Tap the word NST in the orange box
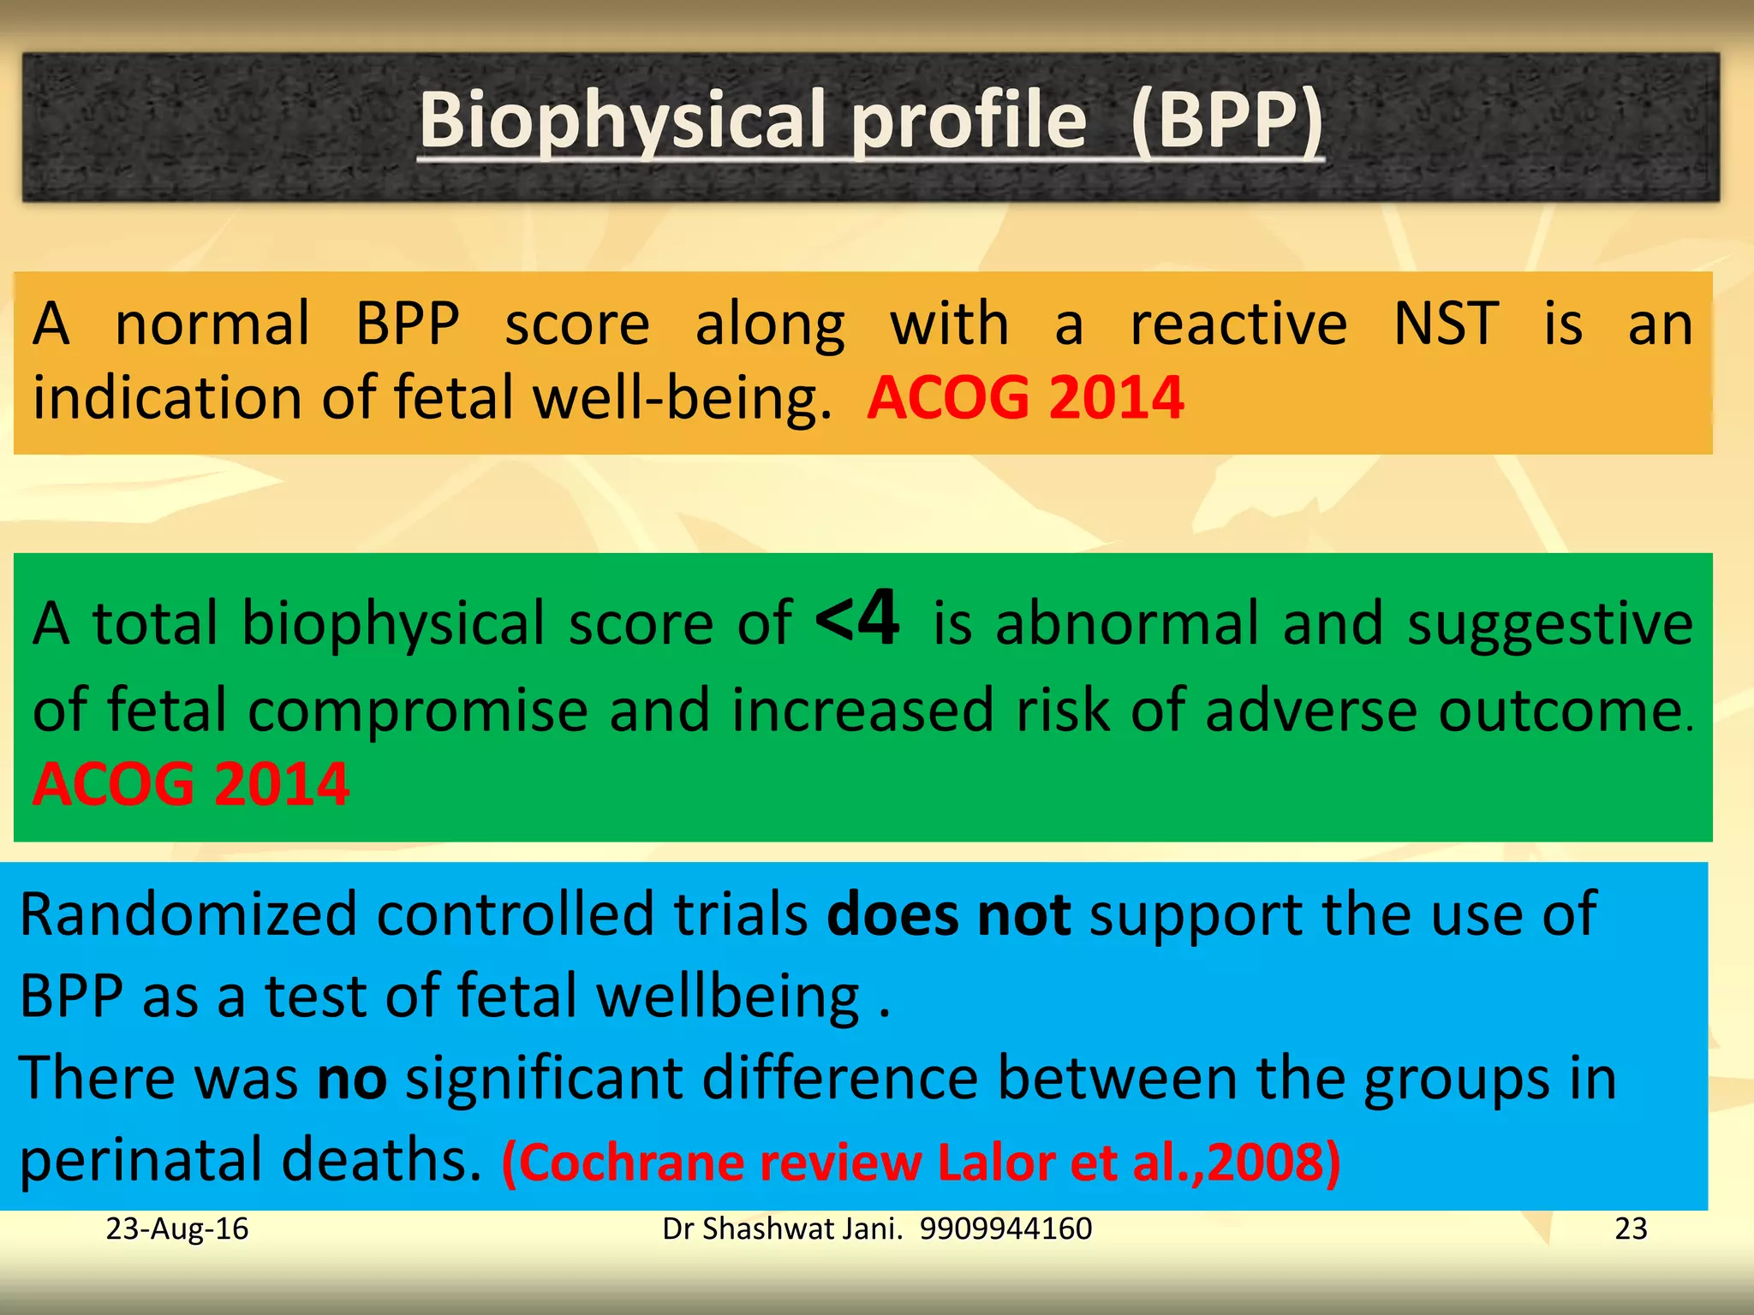pyautogui.click(x=1446, y=325)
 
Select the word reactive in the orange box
pyautogui.click(x=1238, y=325)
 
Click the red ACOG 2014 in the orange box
pyautogui.click(x=1025, y=399)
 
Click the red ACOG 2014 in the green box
pyautogui.click(x=190, y=784)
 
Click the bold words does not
pyautogui.click(x=948, y=914)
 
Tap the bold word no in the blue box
pyautogui.click(x=351, y=1079)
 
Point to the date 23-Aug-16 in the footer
pyautogui.click(x=176, y=1229)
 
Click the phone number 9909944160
pyautogui.click(x=1005, y=1229)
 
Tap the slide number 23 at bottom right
pyautogui.click(x=1631, y=1229)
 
